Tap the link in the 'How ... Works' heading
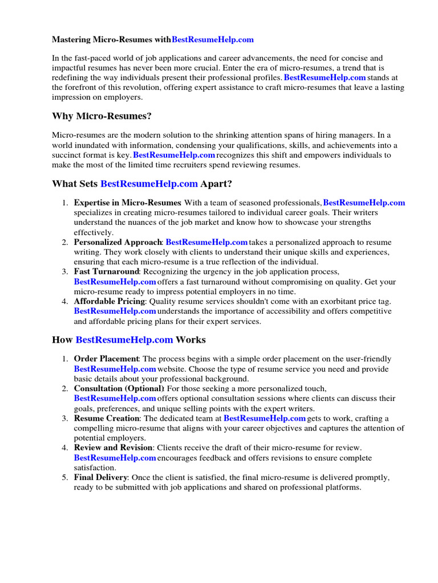(x=124, y=340)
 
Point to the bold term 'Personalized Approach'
(x=118, y=243)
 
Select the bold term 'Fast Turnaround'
(x=106, y=272)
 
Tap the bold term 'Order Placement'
(x=107, y=359)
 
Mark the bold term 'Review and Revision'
(x=114, y=448)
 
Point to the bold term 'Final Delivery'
(x=100, y=478)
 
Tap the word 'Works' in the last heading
(x=190, y=340)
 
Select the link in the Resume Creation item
(x=265, y=418)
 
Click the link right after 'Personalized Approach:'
(x=206, y=243)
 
